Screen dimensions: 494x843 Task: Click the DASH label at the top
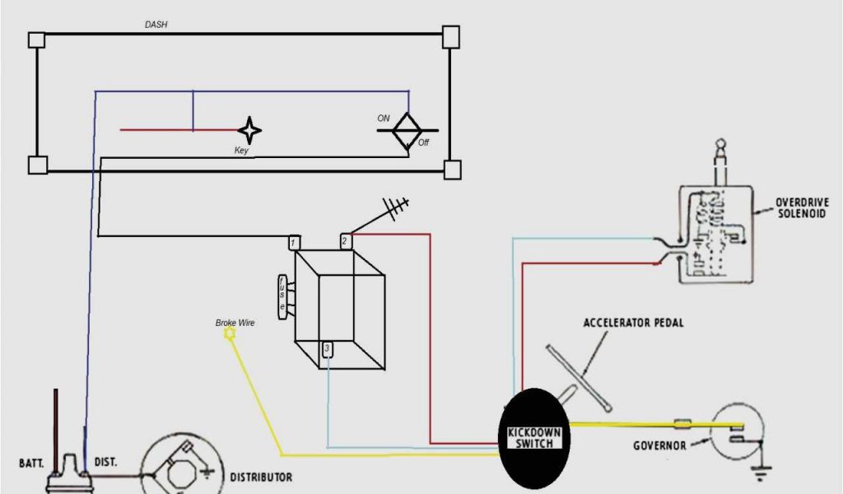point(156,25)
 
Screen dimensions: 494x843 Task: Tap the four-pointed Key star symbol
point(249,130)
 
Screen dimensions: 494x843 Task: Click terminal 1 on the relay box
point(295,243)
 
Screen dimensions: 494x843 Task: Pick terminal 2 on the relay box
point(347,242)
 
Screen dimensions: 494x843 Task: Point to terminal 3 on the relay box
point(327,349)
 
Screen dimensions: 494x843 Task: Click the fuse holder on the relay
point(283,294)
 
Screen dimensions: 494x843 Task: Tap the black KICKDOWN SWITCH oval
point(534,438)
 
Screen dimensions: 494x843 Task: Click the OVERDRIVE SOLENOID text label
point(802,207)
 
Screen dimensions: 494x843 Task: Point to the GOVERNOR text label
point(659,445)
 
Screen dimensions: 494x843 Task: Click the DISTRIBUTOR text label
point(260,477)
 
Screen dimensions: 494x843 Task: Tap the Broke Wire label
point(235,324)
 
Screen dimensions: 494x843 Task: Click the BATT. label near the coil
point(31,463)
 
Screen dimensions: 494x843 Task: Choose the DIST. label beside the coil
point(105,463)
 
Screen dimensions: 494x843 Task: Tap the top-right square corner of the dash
point(450,36)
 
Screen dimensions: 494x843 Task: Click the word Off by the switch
point(423,142)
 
